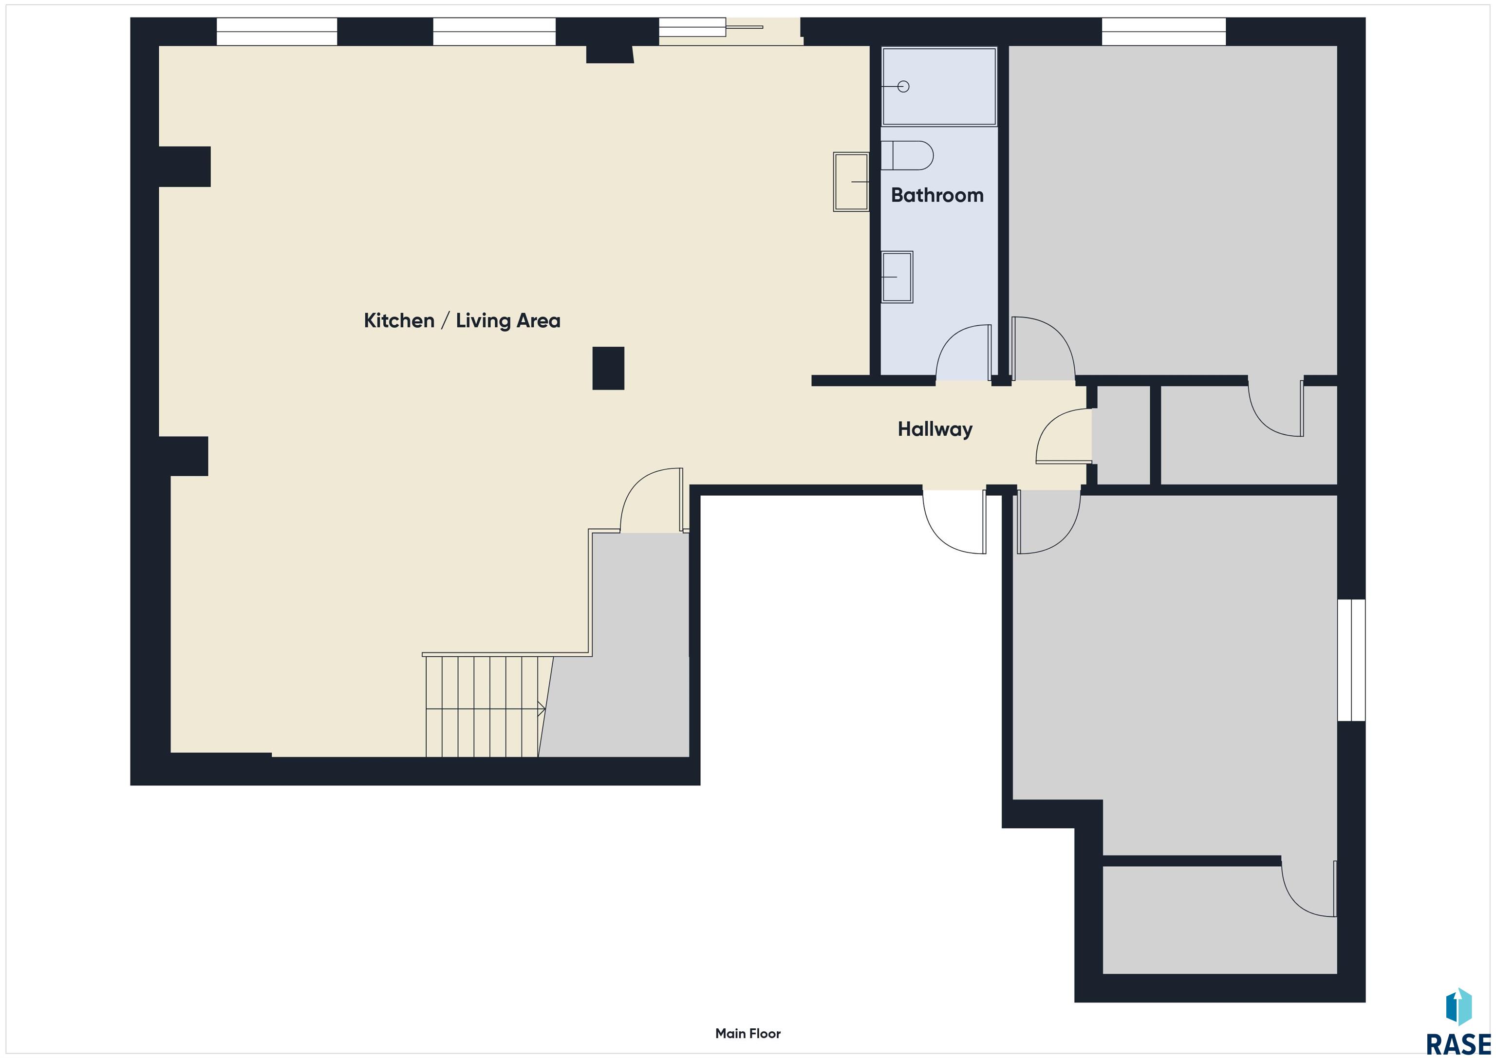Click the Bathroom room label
[x=937, y=195]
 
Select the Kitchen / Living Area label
[x=462, y=320]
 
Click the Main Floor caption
[x=748, y=1033]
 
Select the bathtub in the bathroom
[x=939, y=86]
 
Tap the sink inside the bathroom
[x=897, y=277]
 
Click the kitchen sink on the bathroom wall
[x=851, y=182]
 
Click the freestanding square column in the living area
[x=608, y=368]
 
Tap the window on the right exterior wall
[x=1351, y=660]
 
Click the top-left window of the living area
[x=277, y=31]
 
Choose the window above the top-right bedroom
[x=1164, y=31]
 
